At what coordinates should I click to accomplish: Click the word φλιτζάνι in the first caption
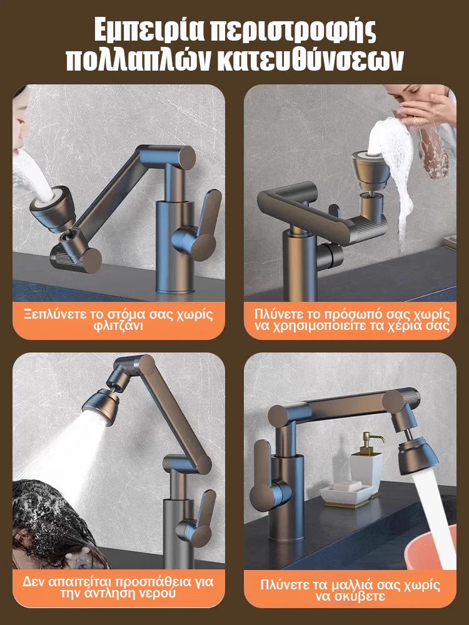click(x=118, y=326)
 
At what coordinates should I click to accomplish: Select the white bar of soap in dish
click(x=347, y=486)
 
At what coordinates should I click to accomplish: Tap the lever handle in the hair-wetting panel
click(x=197, y=518)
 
